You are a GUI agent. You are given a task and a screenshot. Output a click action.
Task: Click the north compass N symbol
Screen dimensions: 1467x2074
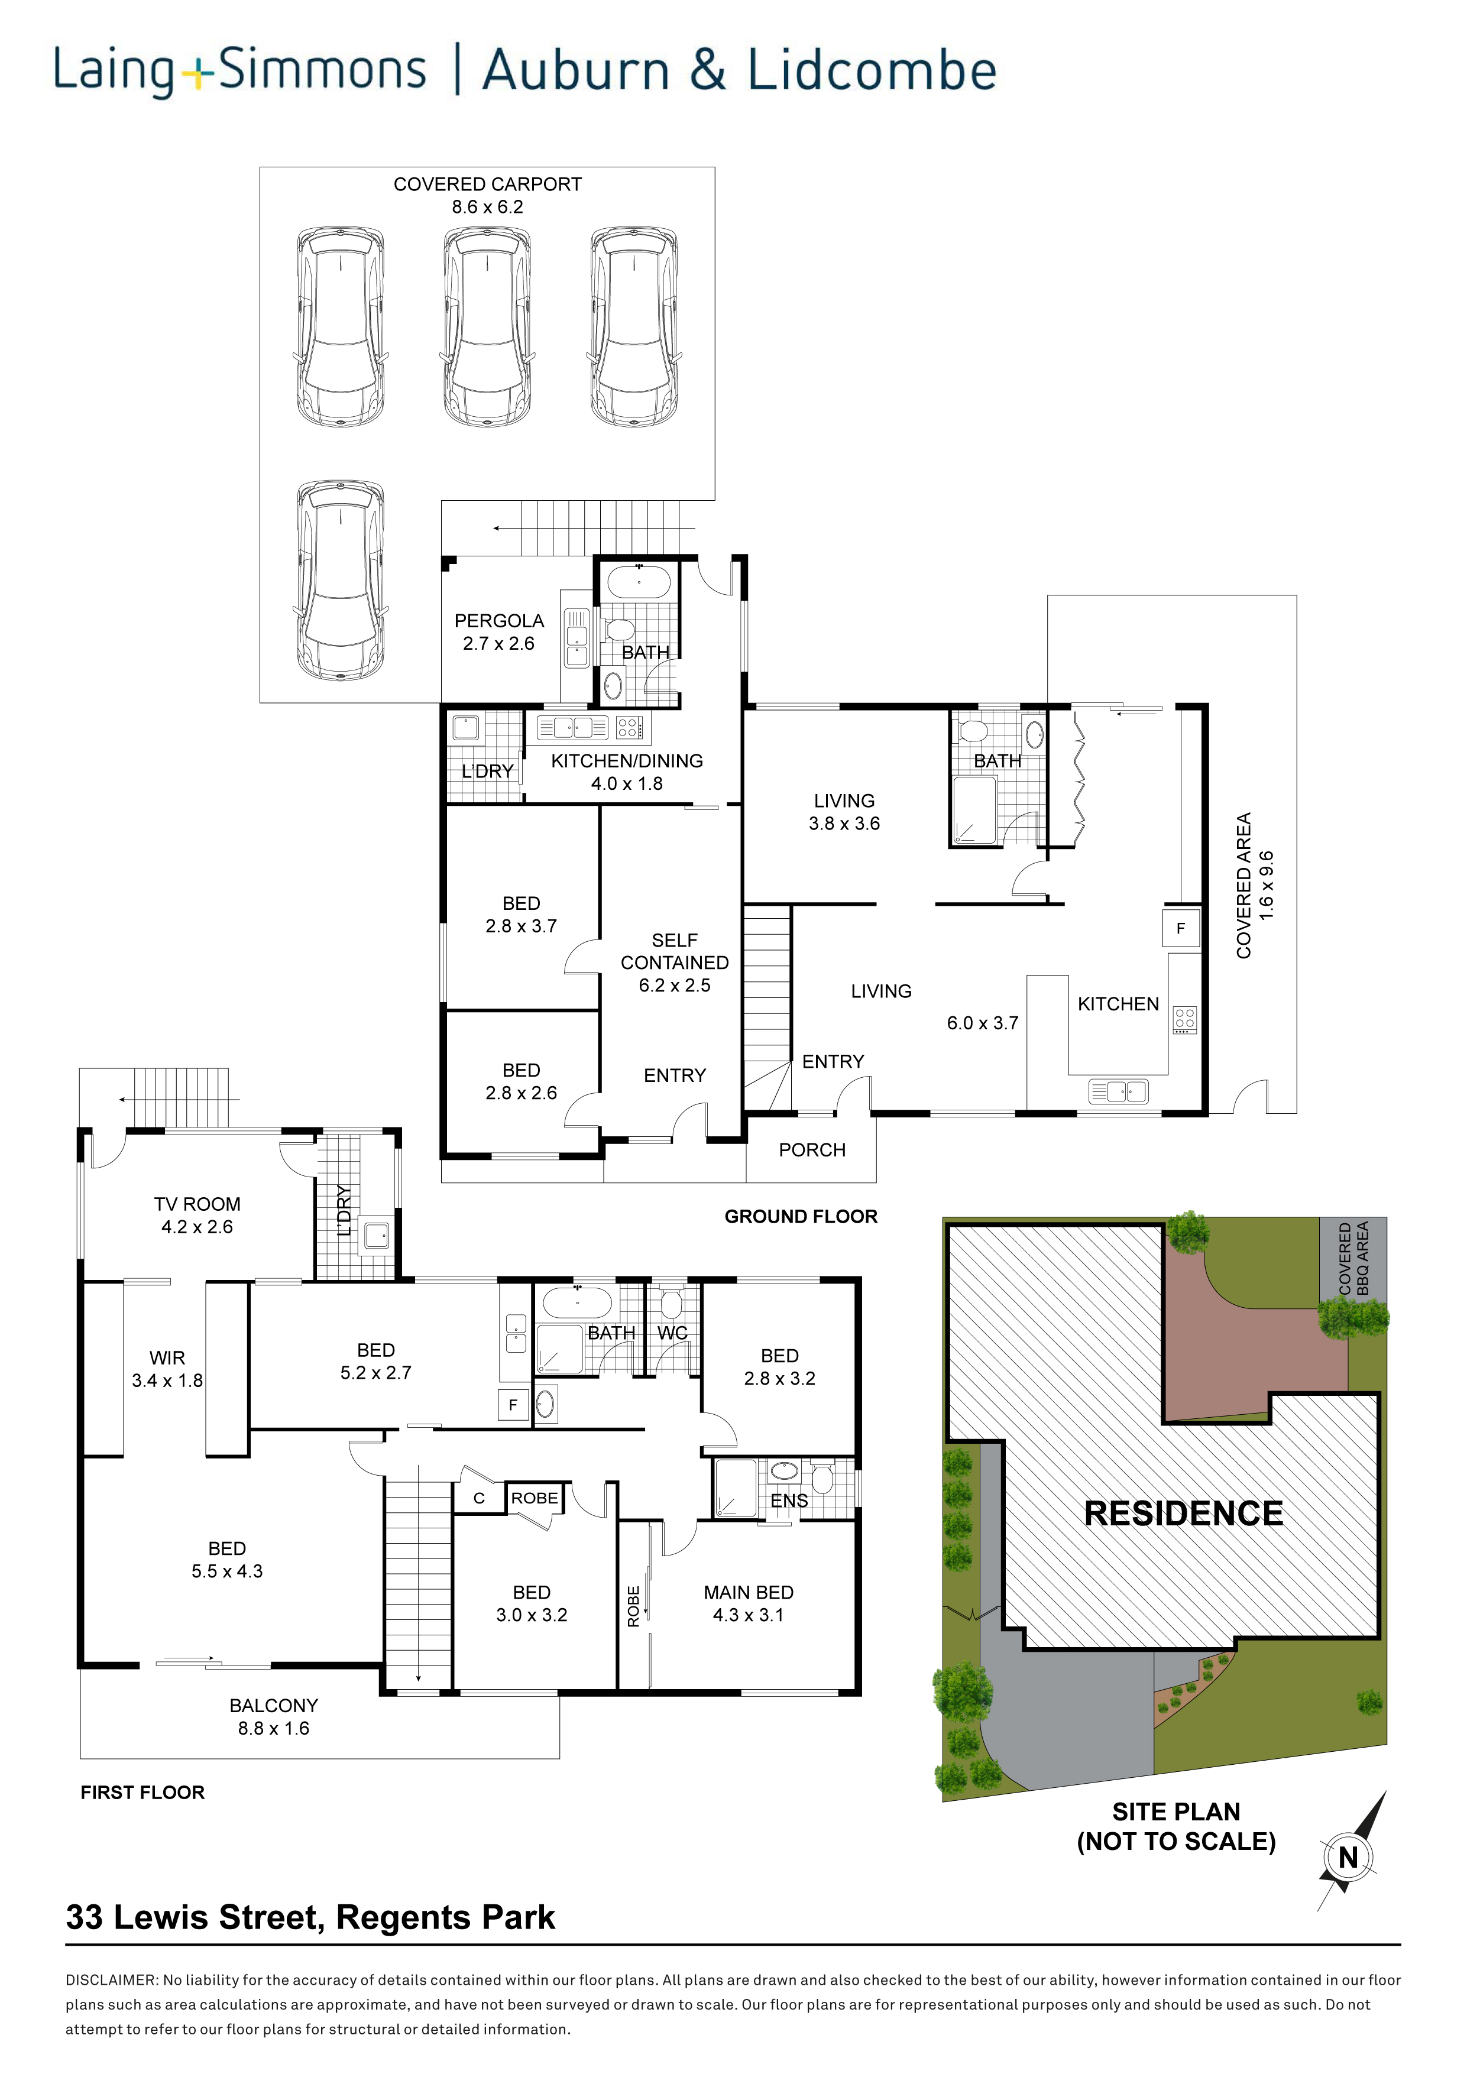[x=1348, y=1858]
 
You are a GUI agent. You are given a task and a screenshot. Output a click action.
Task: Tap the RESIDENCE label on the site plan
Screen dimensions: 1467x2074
[x=1183, y=1514]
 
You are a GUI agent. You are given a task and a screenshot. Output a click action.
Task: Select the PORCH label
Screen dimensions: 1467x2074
[x=812, y=1150]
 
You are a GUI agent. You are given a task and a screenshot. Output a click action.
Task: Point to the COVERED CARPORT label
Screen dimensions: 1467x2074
[x=488, y=184]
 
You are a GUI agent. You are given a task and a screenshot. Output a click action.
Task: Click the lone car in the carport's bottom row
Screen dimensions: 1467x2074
[x=341, y=580]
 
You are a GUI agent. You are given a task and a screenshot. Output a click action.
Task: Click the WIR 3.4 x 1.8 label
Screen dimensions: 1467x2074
[x=167, y=1369]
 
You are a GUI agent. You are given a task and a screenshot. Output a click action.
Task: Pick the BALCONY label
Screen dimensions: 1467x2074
[x=274, y=1706]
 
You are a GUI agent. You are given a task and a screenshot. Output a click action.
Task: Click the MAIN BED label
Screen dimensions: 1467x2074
[x=749, y=1593]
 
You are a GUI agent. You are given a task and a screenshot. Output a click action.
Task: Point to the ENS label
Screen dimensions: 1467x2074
[x=789, y=1501]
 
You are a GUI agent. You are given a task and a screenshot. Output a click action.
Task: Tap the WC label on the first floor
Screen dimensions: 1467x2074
[x=672, y=1333]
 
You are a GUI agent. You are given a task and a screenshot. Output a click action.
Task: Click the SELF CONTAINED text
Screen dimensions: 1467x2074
[x=675, y=951]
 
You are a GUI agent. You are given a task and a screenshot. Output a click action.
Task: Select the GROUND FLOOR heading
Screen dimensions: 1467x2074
[x=801, y=1217]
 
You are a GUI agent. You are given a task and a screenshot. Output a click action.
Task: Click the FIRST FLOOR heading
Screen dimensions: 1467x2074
[x=143, y=1792]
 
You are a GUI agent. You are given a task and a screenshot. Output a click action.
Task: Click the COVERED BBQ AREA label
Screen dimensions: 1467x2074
[x=1353, y=1258]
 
